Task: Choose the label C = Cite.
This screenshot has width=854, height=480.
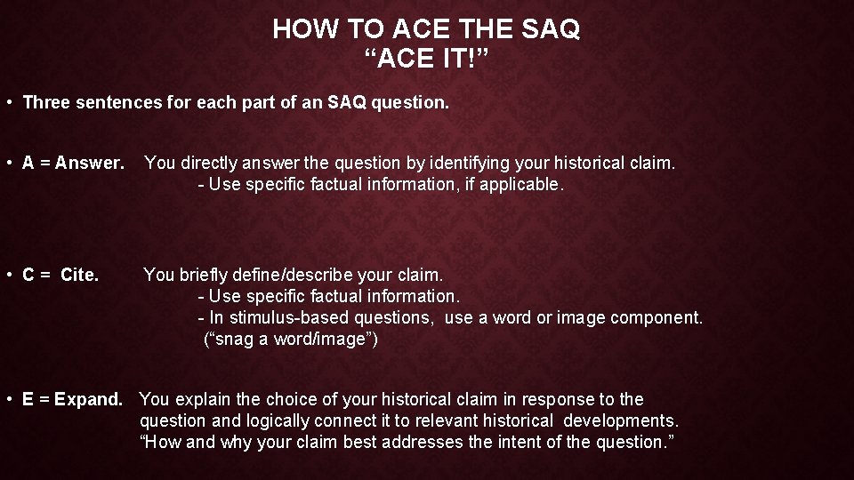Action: [x=60, y=275]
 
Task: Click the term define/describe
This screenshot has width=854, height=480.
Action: [x=303, y=275]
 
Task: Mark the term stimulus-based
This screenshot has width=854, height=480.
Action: [x=283, y=317]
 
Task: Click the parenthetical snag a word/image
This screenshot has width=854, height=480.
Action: [x=291, y=339]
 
